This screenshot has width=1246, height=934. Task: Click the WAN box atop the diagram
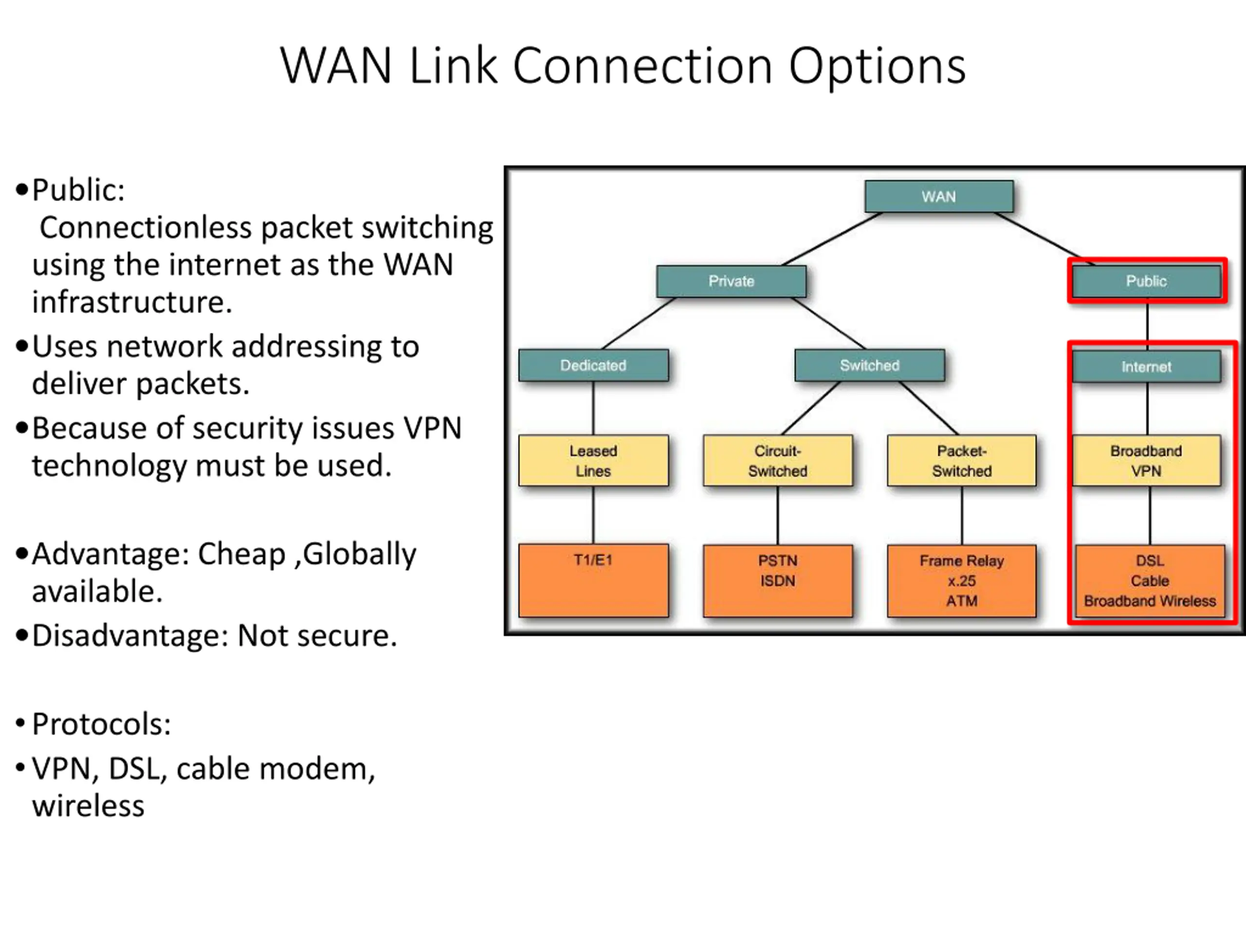(939, 197)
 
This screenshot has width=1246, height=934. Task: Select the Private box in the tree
(731, 281)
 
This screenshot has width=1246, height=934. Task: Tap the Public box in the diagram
(1146, 281)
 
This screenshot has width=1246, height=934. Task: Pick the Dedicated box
(594, 365)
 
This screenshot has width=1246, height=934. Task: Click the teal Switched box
(870, 365)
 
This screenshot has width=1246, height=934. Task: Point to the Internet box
(1146, 366)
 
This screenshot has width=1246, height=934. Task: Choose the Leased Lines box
(594, 461)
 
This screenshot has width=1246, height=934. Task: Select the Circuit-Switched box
(778, 461)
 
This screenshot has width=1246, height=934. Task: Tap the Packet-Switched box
(962, 461)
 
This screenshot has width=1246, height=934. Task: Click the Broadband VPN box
(1146, 461)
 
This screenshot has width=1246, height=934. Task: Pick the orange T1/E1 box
(594, 580)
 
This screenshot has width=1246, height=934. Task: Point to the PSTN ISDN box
(778, 581)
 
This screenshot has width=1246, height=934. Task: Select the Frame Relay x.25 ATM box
(962, 581)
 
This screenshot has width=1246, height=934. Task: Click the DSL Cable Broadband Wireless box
(1150, 581)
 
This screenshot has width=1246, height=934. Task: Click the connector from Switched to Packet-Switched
(928, 408)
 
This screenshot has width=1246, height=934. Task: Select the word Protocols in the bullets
(100, 724)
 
